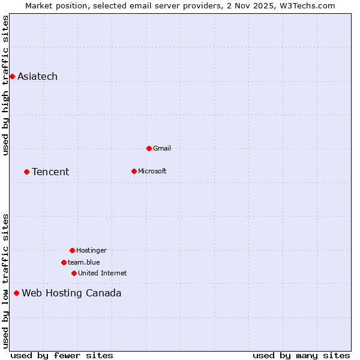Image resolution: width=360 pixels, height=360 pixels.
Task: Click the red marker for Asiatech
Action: pyautogui.click(x=12, y=76)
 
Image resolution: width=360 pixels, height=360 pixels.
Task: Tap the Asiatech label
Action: pyautogui.click(x=37, y=76)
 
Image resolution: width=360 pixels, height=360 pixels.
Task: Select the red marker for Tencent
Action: pyautogui.click(x=26, y=172)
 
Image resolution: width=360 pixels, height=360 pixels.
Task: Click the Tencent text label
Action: pyautogui.click(x=50, y=172)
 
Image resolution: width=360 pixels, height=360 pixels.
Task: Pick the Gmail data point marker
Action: pyautogui.click(x=149, y=148)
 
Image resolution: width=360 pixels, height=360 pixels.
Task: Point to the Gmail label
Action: pyautogui.click(x=162, y=148)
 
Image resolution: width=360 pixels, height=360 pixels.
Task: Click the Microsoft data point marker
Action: pyautogui.click(x=134, y=171)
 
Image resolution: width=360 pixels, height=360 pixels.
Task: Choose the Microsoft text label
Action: pyautogui.click(x=152, y=171)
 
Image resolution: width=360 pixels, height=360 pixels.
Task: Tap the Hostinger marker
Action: pyautogui.click(x=72, y=250)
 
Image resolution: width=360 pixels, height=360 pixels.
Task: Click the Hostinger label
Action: pyautogui.click(x=91, y=250)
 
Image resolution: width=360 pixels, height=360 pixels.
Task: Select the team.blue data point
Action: pyautogui.click(x=64, y=262)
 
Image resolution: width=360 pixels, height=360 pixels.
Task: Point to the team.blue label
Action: pyautogui.click(x=83, y=262)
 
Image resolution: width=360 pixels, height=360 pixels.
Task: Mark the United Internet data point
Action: pyautogui.click(x=74, y=273)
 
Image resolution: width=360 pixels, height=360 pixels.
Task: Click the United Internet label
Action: pyautogui.click(x=102, y=273)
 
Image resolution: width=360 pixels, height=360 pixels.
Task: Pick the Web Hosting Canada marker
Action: pyautogui.click(x=16, y=293)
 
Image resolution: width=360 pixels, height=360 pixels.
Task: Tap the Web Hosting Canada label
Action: pyautogui.click(x=71, y=293)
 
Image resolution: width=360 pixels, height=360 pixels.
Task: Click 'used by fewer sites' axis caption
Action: pyautogui.click(x=62, y=355)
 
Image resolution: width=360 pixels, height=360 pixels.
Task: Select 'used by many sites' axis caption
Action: pyautogui.click(x=301, y=355)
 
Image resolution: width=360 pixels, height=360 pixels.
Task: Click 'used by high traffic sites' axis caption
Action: pyautogui.click(x=6, y=85)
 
